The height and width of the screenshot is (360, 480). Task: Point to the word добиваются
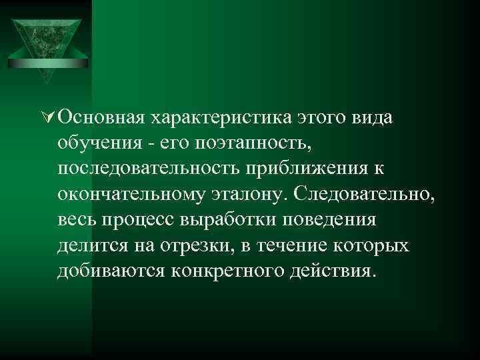click(x=110, y=271)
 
